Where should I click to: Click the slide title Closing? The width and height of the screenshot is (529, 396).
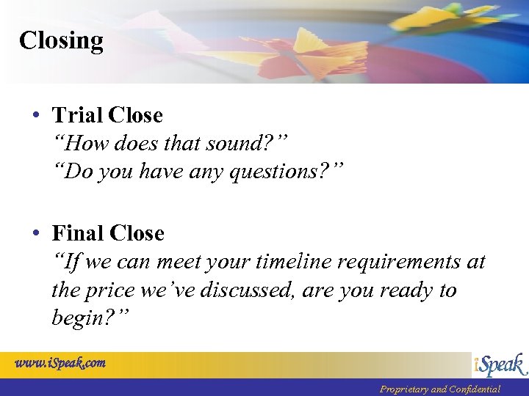[61, 40]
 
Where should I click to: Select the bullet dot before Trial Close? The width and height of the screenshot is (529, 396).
[36, 116]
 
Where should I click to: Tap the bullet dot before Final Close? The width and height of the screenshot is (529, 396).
[36, 234]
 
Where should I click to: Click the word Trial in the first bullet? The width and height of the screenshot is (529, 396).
[77, 115]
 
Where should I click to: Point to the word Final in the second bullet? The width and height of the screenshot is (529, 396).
[78, 233]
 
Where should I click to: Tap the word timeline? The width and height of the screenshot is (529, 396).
[286, 262]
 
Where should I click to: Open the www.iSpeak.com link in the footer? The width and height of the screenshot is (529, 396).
[61, 362]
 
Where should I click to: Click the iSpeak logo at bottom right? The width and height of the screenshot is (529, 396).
[499, 364]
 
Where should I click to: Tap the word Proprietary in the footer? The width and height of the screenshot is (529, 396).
[403, 389]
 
